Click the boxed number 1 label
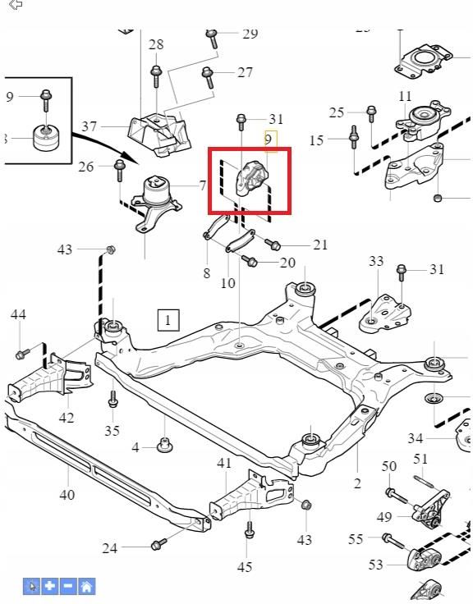[x=168, y=319]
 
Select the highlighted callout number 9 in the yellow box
[x=269, y=140]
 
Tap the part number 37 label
[x=90, y=127]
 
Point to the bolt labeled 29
[x=212, y=38]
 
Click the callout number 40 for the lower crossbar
[x=67, y=494]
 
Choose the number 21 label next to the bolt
[x=319, y=245]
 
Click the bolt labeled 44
[x=21, y=354]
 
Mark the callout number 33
[x=375, y=262]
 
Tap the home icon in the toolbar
[x=86, y=586]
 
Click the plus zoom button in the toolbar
[x=50, y=586]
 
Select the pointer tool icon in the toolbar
[x=32, y=586]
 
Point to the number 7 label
[x=202, y=186]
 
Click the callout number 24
[x=110, y=548]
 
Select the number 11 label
[x=405, y=97]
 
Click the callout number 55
[x=356, y=539]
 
